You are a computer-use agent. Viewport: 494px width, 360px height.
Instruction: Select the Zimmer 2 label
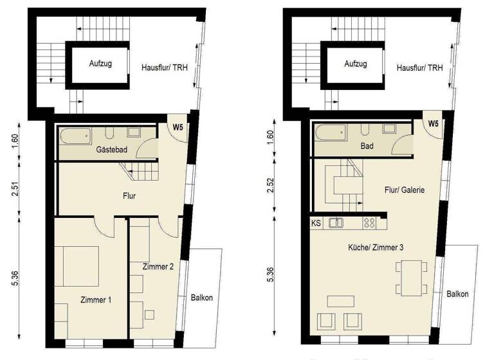coord(159,267)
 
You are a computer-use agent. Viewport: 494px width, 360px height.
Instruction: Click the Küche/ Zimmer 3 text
coord(375,247)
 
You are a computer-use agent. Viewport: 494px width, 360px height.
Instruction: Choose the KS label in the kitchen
coord(316,224)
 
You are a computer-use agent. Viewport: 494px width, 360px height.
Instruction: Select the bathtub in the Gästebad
coord(77,136)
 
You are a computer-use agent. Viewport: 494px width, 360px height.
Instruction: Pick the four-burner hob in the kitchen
coord(369,224)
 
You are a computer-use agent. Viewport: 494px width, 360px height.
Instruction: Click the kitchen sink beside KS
coord(336,224)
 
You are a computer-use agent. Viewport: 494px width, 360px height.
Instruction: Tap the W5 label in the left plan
coord(178,126)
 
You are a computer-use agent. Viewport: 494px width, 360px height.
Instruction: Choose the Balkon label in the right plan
coord(458,293)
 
